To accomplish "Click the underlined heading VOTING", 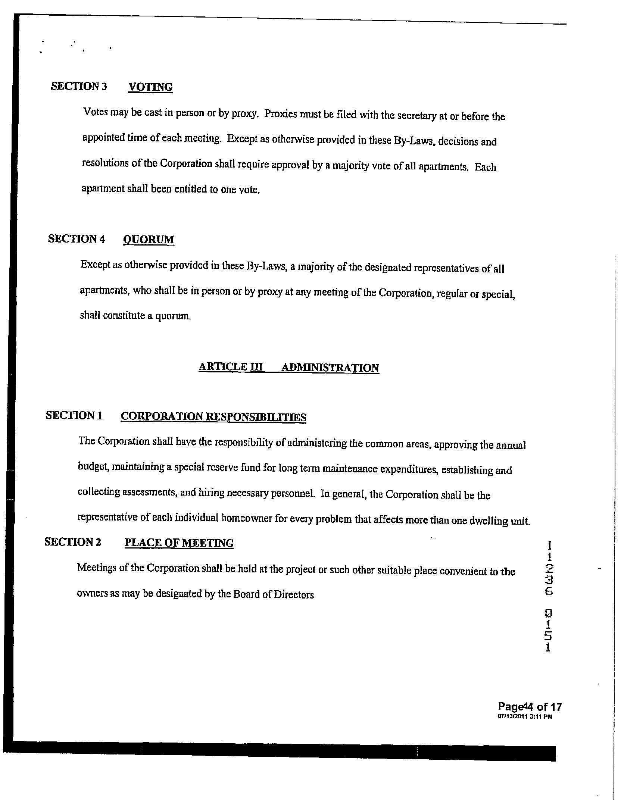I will [x=150, y=87].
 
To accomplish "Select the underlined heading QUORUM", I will [x=149, y=239].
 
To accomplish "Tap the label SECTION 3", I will [x=79, y=86].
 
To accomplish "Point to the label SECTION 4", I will [x=76, y=239].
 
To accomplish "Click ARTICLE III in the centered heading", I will [x=231, y=367].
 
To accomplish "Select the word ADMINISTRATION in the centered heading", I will [x=330, y=368].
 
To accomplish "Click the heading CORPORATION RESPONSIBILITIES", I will [x=213, y=416].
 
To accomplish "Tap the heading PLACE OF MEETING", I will [x=179, y=543].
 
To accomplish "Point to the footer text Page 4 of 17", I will [x=530, y=707].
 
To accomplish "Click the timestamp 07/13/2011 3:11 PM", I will [x=525, y=717].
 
